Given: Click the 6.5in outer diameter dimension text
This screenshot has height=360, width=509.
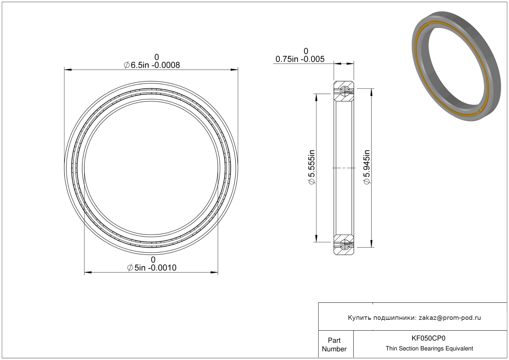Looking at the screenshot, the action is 152,65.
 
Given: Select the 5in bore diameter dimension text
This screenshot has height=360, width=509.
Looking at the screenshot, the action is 152,268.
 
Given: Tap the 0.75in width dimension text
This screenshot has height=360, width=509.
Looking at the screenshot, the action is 300,59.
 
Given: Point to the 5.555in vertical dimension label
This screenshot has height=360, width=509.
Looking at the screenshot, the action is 311,167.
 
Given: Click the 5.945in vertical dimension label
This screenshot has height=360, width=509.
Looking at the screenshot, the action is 367,167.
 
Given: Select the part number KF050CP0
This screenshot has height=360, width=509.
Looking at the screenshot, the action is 428,338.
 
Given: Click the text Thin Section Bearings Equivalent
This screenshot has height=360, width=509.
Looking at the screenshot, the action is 429,349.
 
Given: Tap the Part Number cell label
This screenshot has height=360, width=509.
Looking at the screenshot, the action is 334,345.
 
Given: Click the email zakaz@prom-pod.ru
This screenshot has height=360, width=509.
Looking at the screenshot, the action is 450,318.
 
